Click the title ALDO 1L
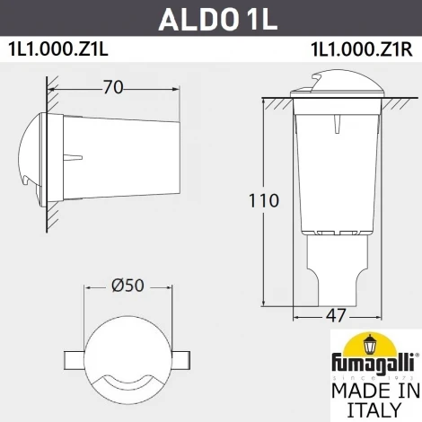[210, 19]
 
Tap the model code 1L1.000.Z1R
[362, 48]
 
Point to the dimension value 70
[112, 88]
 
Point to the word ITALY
[375, 410]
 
